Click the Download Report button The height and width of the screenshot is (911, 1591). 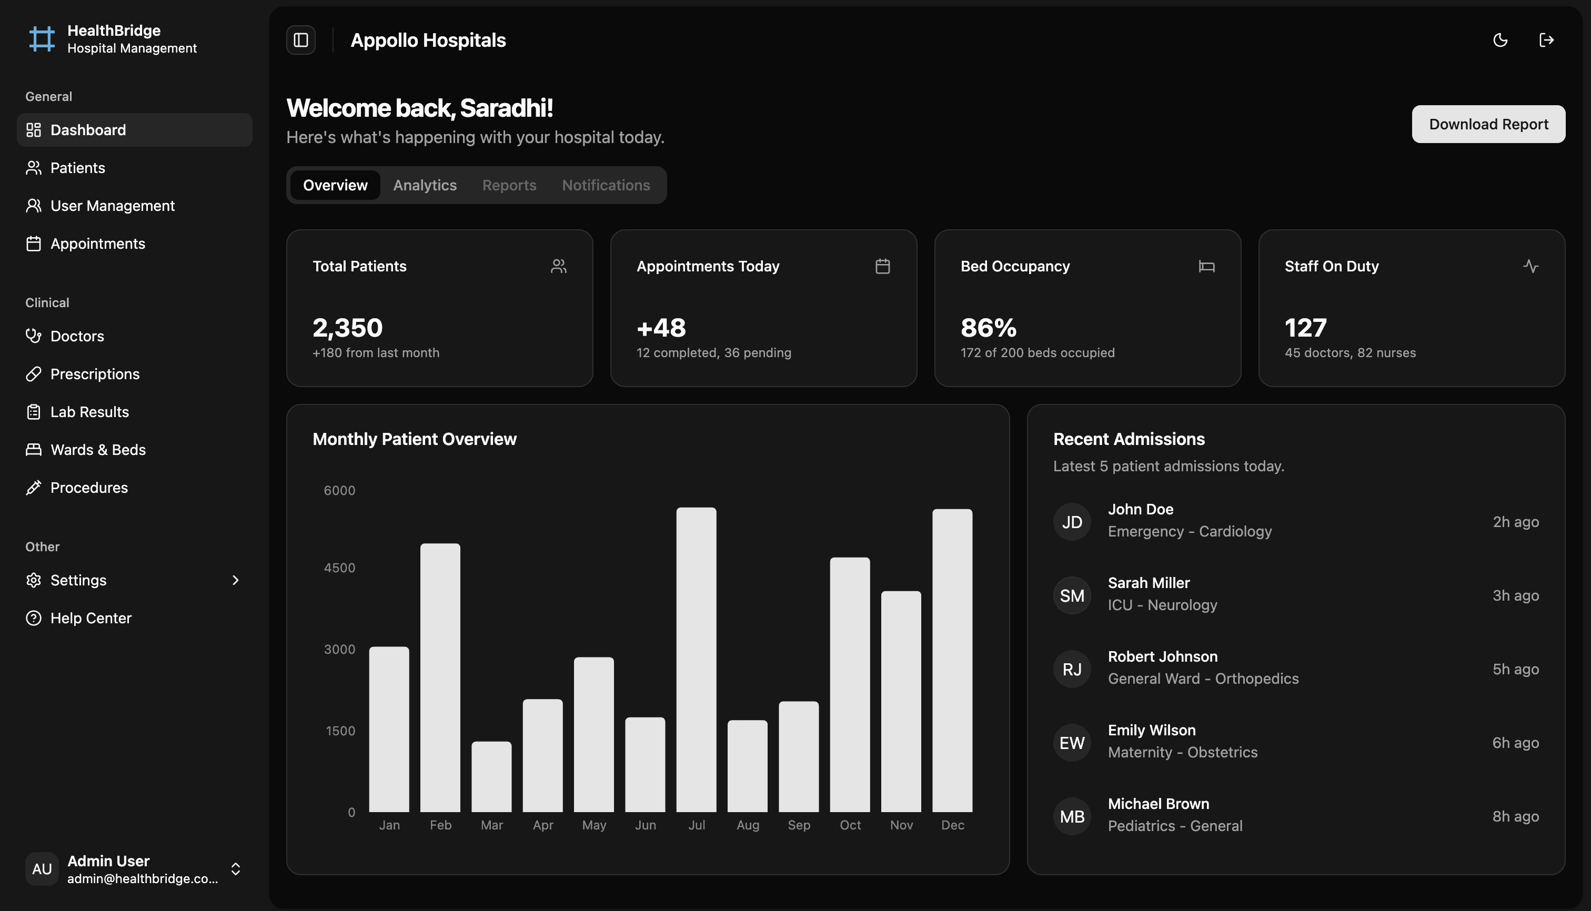pos(1488,124)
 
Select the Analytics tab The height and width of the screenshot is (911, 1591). pos(425,185)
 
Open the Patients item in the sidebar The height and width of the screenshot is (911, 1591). pos(78,168)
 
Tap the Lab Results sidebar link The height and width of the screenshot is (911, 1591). pos(89,412)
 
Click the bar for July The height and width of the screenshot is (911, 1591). pos(696,660)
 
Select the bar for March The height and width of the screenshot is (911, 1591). pos(491,776)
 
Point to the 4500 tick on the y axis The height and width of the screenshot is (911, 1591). pos(339,568)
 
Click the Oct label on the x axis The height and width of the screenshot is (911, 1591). pos(850,825)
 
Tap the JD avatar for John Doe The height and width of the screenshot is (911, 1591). pos(1072,522)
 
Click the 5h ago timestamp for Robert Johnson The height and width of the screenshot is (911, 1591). pos(1515,669)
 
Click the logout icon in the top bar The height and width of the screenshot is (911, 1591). pos(1546,40)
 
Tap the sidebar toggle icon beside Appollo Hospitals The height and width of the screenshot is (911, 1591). pos(301,40)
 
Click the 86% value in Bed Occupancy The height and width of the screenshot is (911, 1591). pos(988,327)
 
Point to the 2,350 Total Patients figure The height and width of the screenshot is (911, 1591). pos(347,327)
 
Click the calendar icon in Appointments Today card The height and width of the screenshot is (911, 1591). pos(882,266)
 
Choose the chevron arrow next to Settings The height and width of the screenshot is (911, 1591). pos(235,580)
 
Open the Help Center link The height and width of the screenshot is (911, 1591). pos(90,618)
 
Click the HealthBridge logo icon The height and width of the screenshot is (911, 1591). pos(42,39)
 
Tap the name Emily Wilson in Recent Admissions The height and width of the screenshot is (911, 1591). pos(1152,730)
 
